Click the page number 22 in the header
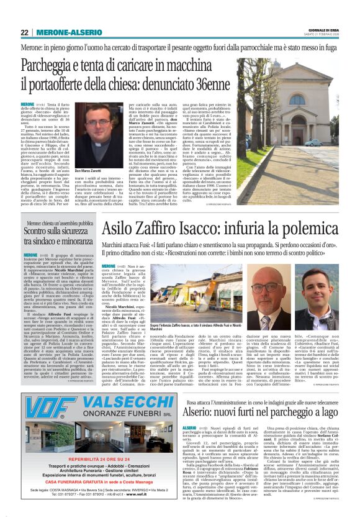click(24, 33)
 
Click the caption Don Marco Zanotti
click(87, 170)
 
